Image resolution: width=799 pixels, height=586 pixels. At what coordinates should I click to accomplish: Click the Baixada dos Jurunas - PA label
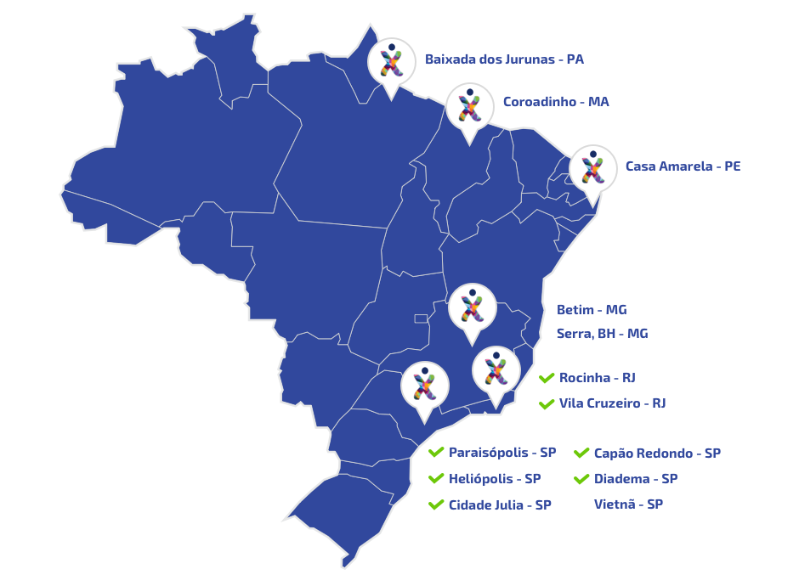(x=504, y=59)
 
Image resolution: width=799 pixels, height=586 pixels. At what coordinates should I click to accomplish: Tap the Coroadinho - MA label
(x=556, y=102)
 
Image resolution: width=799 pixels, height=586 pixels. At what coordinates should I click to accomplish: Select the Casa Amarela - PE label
(x=683, y=166)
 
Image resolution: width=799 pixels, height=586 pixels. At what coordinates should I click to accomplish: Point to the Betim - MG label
(x=592, y=310)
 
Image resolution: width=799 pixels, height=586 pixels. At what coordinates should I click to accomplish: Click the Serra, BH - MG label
(x=602, y=334)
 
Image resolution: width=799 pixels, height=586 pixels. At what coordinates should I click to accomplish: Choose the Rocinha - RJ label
(x=597, y=378)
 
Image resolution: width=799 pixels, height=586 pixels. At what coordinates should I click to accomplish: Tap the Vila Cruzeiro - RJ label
(x=612, y=403)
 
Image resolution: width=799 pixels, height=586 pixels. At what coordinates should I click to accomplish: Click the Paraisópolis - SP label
(x=501, y=453)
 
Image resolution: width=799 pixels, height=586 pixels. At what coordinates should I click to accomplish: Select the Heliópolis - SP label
(x=494, y=479)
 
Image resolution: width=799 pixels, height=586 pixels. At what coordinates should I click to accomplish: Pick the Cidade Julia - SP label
(x=500, y=504)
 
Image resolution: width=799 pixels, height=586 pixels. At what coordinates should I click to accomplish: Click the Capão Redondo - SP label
(x=657, y=454)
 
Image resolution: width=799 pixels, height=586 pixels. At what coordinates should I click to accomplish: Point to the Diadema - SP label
(x=636, y=479)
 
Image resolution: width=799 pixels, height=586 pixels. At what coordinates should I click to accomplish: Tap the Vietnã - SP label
(x=628, y=504)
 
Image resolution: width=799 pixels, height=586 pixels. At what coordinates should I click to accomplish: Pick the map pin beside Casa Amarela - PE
(x=592, y=169)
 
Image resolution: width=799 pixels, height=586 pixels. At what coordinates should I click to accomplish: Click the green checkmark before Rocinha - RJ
(x=547, y=378)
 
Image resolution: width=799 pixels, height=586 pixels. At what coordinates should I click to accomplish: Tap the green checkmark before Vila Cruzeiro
(x=547, y=403)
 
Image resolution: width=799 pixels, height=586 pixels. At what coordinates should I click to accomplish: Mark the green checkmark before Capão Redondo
(x=581, y=454)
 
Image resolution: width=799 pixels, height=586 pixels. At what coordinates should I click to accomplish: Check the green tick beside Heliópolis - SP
(x=436, y=479)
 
